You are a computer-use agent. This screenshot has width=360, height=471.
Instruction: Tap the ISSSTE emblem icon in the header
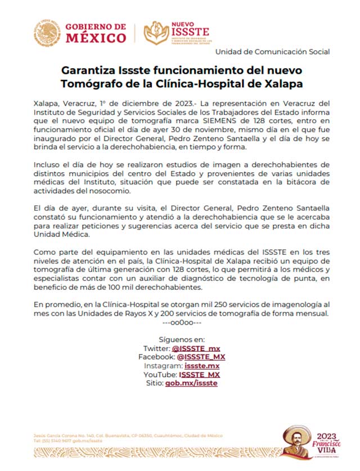[156, 33]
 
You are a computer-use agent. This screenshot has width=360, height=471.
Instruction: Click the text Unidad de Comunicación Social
[272, 52]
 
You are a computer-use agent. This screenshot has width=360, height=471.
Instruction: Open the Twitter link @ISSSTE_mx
[196, 348]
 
